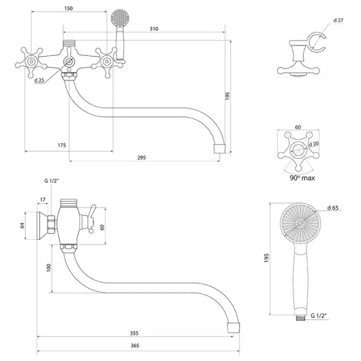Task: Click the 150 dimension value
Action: tap(69, 9)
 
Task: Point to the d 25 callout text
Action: tap(40, 80)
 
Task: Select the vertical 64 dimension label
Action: tap(22, 225)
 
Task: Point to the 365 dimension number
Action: tap(135, 345)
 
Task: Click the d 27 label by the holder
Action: tap(338, 19)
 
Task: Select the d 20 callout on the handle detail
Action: tap(313, 144)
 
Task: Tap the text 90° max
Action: tap(301, 177)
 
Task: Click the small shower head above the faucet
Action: tap(120, 17)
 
